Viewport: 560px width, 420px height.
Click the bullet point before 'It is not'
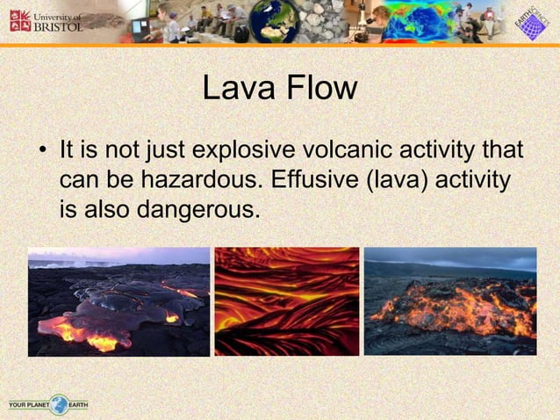pos(41,152)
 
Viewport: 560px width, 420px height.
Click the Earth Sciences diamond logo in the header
pos(529,22)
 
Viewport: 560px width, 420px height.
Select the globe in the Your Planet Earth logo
pos(59,405)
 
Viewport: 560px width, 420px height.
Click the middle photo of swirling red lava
pos(287,301)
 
